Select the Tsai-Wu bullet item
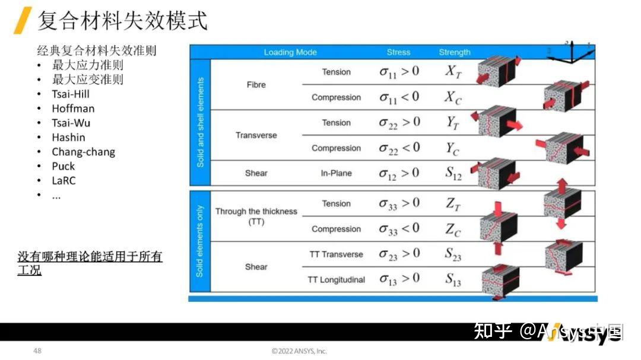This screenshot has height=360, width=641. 71,123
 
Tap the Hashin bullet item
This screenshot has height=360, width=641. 68,137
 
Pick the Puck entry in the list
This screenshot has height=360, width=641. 64,166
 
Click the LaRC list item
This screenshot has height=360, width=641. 64,180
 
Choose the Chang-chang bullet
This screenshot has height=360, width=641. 83,152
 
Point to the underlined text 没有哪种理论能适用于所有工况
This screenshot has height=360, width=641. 90,263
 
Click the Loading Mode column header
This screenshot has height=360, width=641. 290,52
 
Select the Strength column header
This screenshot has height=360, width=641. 455,52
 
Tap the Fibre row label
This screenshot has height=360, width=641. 256,85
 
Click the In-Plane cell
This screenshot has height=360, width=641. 337,173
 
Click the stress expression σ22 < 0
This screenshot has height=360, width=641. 399,148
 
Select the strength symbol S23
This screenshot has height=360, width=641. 453,254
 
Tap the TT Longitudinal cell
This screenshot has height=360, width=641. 336,279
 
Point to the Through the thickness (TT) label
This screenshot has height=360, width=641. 256,216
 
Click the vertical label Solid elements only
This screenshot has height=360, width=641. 199,241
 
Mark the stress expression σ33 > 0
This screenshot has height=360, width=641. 399,204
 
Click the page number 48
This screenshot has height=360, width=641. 37,351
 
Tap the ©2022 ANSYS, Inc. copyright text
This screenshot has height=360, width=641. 299,351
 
